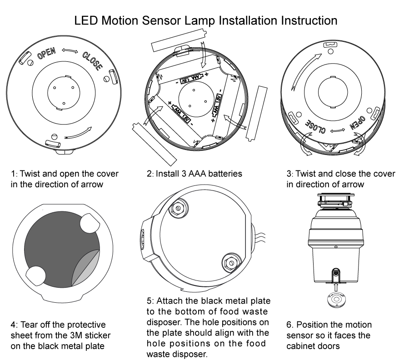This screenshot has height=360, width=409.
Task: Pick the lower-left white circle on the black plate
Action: (37, 277)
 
